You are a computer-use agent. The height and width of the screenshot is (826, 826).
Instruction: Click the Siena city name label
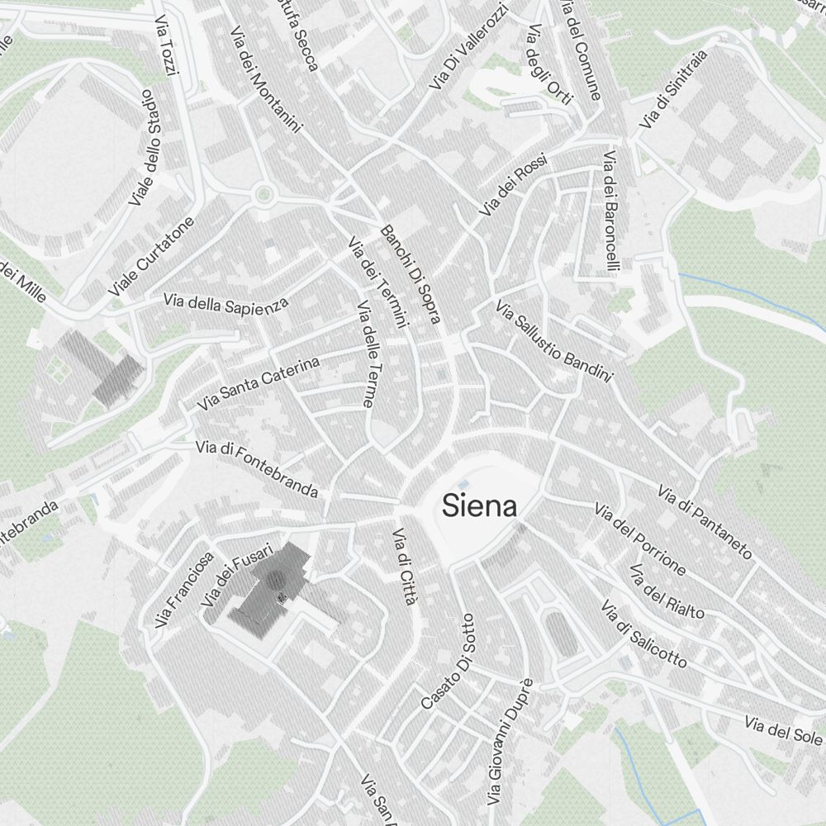[x=480, y=505]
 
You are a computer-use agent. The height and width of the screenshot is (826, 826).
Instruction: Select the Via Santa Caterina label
[x=258, y=384]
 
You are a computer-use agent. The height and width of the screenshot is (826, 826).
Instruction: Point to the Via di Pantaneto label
[x=705, y=522]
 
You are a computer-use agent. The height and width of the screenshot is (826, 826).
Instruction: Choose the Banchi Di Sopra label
[x=411, y=273]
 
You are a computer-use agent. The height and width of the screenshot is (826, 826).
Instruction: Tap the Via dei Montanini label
[x=266, y=80]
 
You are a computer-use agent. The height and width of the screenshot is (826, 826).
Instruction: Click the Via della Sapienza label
[x=225, y=303]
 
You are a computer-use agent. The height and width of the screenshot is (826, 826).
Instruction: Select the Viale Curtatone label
[x=152, y=256]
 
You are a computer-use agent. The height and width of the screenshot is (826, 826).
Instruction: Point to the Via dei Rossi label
[x=512, y=186]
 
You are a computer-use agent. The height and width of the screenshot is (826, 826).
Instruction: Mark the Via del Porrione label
[x=640, y=539]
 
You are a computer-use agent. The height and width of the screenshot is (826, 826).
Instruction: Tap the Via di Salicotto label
[x=643, y=634]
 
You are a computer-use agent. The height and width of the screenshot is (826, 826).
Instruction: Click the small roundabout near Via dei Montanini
[x=263, y=195]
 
